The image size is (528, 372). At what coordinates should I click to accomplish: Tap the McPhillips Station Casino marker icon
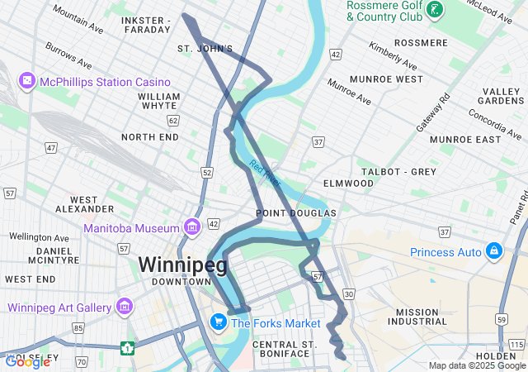28,82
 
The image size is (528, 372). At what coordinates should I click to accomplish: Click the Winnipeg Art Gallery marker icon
125,308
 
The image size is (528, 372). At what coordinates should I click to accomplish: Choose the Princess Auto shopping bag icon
493,250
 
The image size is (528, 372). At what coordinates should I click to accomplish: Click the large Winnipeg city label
181,265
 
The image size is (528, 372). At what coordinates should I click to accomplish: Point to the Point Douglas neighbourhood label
295,213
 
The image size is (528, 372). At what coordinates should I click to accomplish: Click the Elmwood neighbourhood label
348,183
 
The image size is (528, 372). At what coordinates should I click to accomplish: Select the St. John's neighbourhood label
205,49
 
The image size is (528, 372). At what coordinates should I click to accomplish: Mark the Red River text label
265,173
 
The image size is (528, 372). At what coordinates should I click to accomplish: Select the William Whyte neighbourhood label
159,101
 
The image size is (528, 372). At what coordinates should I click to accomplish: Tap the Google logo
27,361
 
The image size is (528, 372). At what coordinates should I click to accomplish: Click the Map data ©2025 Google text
476,365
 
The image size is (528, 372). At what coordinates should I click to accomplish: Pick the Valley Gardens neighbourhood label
501,96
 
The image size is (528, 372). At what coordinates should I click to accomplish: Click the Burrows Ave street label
68,56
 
